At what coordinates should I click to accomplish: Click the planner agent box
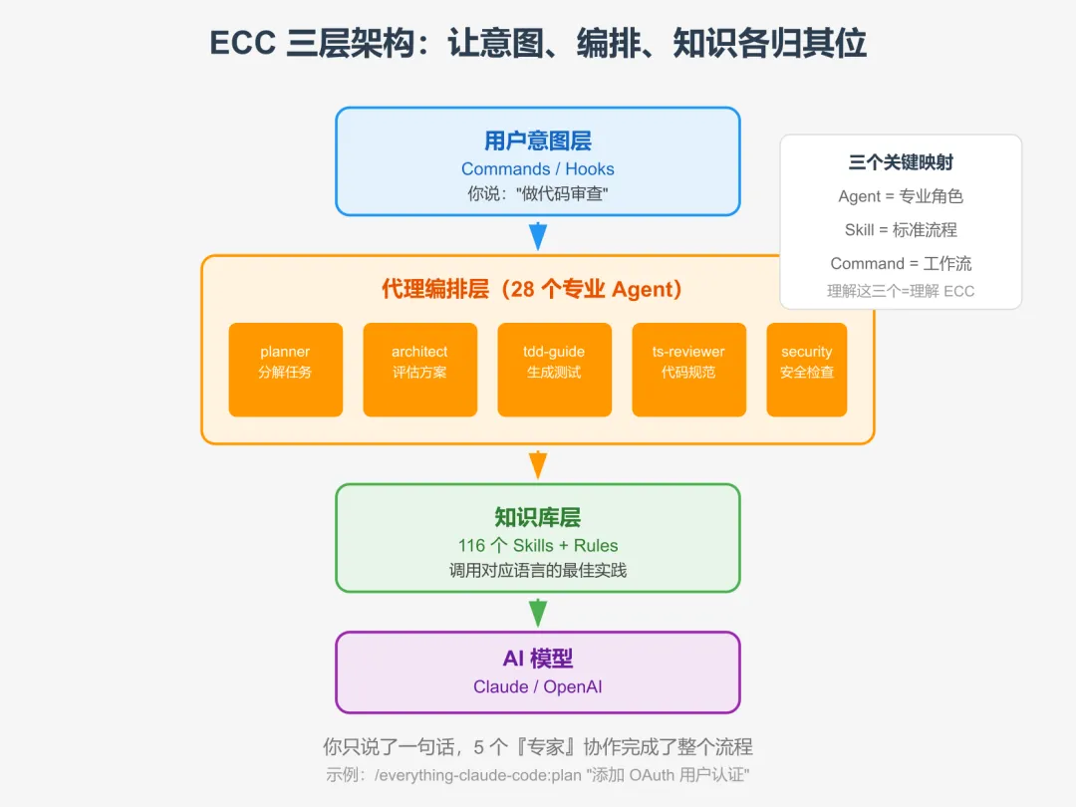point(285,369)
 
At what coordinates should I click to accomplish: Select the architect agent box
point(419,369)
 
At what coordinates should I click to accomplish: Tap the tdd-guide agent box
point(554,369)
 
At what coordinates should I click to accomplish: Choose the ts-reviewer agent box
point(688,369)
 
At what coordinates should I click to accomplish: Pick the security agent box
point(806,369)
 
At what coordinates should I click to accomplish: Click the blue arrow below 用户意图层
point(538,236)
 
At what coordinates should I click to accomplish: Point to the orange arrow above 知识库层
point(538,464)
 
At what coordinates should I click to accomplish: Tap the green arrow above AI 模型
point(538,612)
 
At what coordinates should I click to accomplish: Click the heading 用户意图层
point(538,140)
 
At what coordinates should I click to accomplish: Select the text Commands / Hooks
point(538,169)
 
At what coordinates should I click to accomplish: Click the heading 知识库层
point(538,517)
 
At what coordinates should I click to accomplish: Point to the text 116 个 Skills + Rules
point(538,546)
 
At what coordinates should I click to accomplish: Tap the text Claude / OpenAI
point(538,687)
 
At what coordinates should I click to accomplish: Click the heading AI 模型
point(538,659)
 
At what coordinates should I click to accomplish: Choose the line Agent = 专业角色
point(901,196)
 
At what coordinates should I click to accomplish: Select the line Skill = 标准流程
point(901,230)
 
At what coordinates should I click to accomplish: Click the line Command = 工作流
point(901,264)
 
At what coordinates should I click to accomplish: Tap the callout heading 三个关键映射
point(901,162)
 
